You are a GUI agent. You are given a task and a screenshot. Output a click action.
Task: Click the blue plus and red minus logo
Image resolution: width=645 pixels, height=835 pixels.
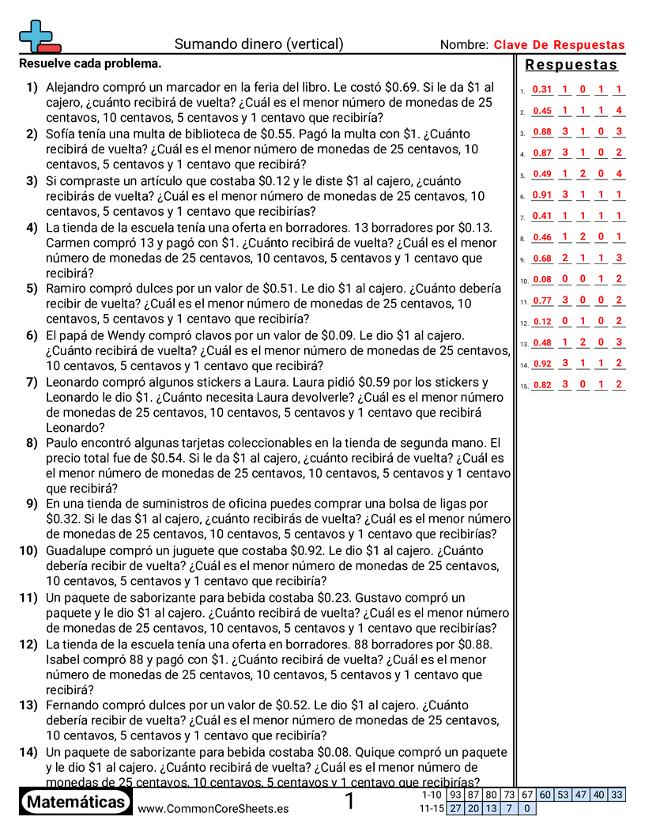point(39,36)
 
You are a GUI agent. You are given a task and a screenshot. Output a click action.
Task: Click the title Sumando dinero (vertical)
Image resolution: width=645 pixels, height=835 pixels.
point(258,44)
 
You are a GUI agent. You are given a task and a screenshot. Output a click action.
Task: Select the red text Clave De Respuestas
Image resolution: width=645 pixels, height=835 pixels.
point(559,45)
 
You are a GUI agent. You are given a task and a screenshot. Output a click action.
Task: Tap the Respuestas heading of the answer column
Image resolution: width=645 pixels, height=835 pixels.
point(571,65)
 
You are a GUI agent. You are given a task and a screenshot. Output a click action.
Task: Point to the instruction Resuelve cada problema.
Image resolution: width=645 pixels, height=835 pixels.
point(90,63)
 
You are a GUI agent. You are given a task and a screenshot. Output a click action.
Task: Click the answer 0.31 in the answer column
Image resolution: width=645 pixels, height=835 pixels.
point(542,90)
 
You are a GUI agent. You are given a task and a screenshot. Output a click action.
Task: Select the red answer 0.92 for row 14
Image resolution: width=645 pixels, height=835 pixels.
point(542,364)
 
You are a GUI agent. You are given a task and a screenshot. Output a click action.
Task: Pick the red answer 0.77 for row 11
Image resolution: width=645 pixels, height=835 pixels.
point(542,300)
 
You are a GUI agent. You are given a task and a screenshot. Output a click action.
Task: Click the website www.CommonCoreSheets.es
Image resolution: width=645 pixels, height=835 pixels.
point(213,808)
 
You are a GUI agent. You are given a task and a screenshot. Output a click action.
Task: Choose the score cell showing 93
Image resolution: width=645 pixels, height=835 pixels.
point(455,795)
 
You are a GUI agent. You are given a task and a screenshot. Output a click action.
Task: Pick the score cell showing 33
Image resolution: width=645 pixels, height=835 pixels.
point(617,795)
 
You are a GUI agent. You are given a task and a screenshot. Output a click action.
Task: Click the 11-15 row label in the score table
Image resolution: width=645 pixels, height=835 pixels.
point(432,808)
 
